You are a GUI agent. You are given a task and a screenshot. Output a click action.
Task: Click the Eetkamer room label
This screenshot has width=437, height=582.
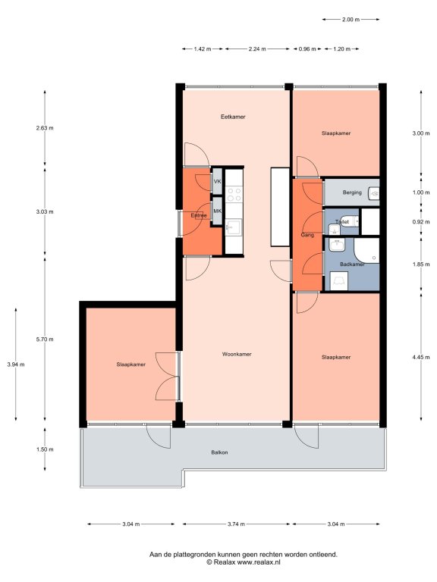click(233, 117)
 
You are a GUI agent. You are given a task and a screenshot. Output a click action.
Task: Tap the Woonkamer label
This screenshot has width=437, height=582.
click(237, 354)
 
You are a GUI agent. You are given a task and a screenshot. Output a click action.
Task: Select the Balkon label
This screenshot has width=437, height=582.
click(219, 452)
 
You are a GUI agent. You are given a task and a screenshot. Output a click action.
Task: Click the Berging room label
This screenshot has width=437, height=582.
click(352, 192)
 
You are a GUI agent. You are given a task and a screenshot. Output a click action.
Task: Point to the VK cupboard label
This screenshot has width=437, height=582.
click(218, 182)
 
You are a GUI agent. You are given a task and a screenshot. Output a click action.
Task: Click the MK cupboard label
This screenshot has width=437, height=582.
click(218, 211)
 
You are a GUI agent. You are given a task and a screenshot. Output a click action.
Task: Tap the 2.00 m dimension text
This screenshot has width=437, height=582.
click(351, 19)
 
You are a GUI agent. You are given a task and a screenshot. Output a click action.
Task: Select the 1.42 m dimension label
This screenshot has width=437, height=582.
click(203, 48)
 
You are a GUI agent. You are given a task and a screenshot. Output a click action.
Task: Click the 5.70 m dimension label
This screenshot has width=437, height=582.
click(45, 339)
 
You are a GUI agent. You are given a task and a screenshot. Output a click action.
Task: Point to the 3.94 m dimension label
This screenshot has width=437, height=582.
click(16, 365)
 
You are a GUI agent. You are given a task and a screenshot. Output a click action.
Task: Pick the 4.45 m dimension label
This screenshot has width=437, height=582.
click(421, 358)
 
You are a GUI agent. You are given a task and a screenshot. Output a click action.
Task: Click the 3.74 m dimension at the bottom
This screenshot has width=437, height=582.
click(236, 524)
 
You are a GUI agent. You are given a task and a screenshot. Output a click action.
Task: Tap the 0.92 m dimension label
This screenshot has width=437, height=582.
click(421, 221)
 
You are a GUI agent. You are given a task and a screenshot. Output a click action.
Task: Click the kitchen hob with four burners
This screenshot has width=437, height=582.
click(234, 195)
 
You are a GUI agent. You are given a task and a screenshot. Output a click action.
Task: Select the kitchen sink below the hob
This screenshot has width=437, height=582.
click(234, 227)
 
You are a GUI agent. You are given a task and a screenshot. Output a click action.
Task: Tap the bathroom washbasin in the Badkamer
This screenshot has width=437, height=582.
click(337, 245)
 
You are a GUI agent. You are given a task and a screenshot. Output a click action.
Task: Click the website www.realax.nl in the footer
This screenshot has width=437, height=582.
click(259, 562)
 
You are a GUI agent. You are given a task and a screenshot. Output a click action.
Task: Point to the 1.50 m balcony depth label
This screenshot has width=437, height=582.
click(45, 449)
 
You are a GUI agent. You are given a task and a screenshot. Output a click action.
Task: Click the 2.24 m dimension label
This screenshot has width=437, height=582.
click(257, 48)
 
